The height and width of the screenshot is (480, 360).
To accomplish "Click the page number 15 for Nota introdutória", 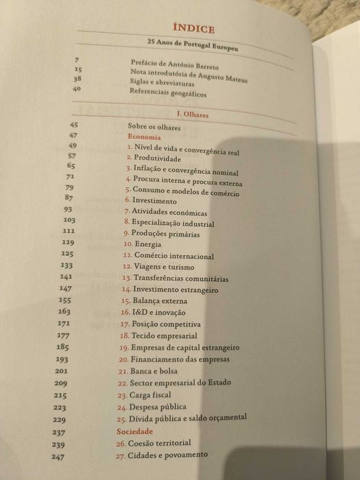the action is tap(78, 70).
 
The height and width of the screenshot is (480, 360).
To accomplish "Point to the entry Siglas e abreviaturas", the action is tap(163, 83).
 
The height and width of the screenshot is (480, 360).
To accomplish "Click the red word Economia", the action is tap(144, 137).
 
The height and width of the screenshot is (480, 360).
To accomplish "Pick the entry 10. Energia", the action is tap(144, 244).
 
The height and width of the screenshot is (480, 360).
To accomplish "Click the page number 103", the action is tap(69, 220).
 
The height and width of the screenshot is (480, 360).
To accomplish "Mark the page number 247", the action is tap(58, 457).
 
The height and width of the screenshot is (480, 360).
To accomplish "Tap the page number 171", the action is tap(64, 323).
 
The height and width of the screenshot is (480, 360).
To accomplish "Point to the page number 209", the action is tap(61, 383).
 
